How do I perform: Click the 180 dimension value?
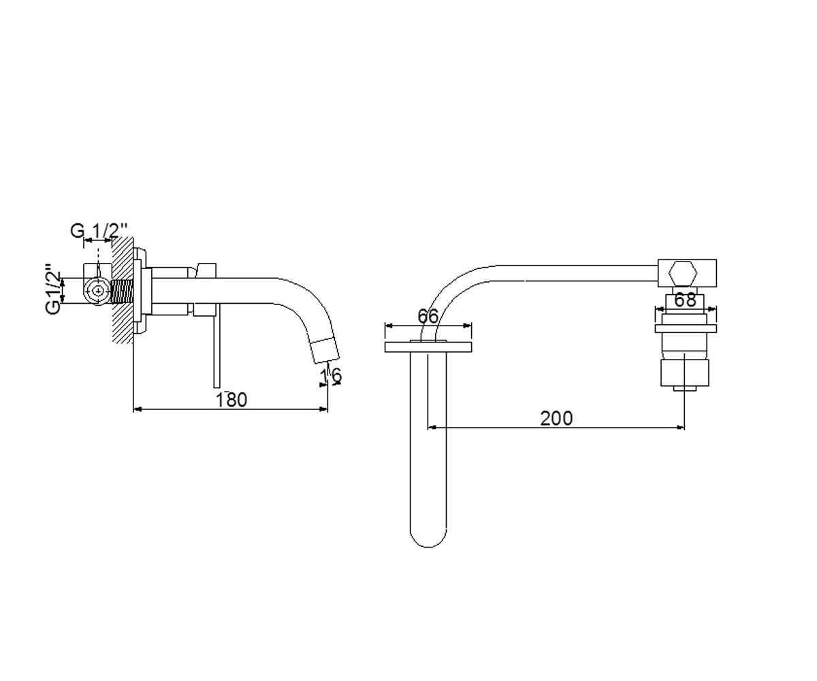pos(231,400)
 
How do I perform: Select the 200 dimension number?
pos(556,418)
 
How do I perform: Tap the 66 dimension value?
pos(428,316)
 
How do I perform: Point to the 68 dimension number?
pos(685,300)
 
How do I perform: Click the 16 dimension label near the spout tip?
pos(331,375)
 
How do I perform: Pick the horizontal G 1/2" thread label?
pos(99,231)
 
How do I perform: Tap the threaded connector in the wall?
pos(123,291)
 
